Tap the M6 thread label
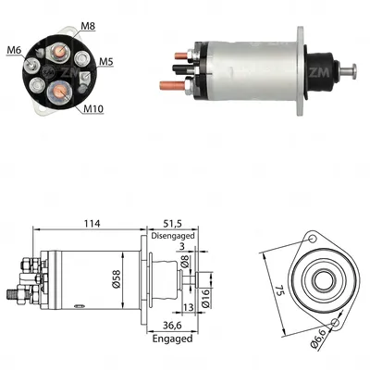[14, 48]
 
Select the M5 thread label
[107, 63]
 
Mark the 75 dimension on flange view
[275, 289]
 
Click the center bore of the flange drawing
[323, 278]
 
